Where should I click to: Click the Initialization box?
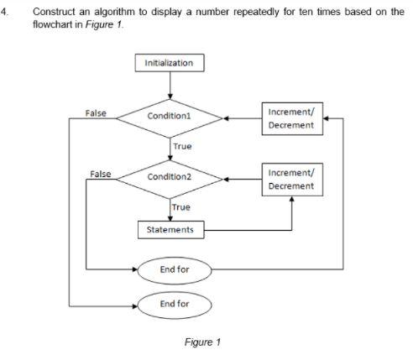click(x=169, y=63)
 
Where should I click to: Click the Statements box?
click(x=170, y=229)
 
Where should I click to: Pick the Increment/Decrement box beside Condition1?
click(x=290, y=118)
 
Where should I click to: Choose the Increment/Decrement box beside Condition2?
click(x=290, y=179)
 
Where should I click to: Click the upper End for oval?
click(x=175, y=270)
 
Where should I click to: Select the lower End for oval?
click(x=175, y=303)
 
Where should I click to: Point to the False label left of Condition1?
click(x=95, y=112)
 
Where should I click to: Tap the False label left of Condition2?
click(x=100, y=173)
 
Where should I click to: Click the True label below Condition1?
click(x=182, y=146)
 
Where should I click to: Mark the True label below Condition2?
click(x=180, y=206)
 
